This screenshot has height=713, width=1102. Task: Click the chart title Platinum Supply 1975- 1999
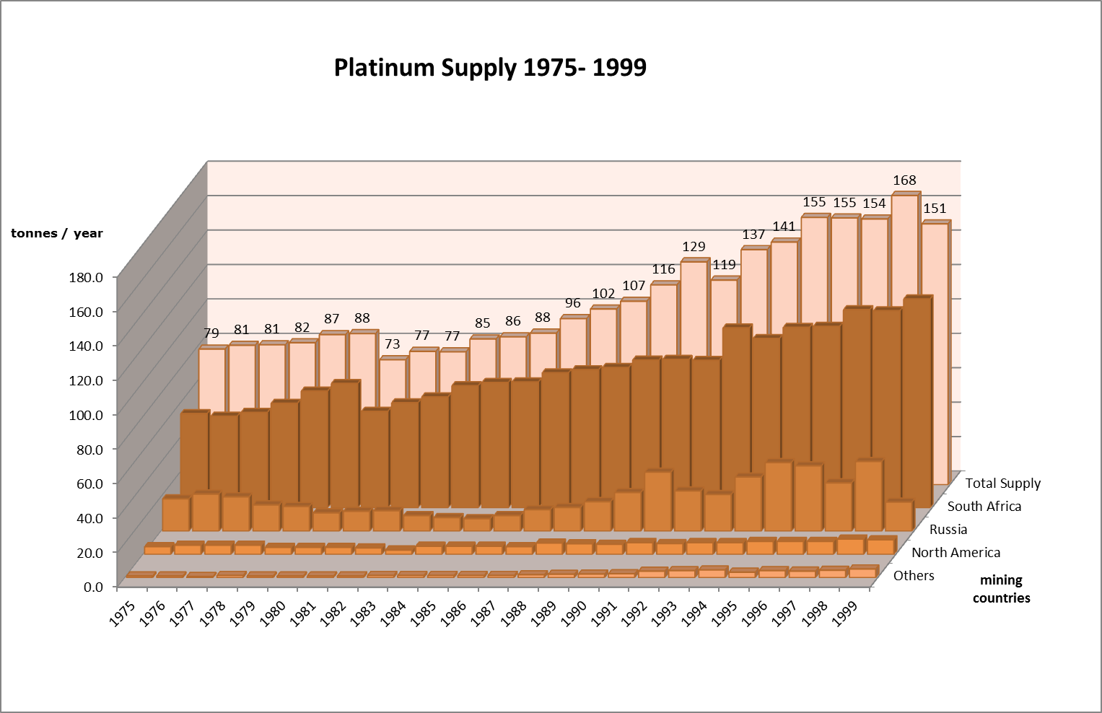(490, 68)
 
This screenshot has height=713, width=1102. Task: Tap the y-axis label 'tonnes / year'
(57, 233)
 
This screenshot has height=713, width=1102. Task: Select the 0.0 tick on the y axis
(94, 586)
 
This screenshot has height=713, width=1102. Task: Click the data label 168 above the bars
(904, 180)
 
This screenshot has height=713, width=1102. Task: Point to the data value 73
(392, 344)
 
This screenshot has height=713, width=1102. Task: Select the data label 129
(694, 247)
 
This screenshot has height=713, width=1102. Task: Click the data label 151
(935, 209)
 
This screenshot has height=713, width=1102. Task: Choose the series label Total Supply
(1003, 484)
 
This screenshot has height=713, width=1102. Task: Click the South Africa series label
(984, 507)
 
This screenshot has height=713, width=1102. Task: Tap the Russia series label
(948, 530)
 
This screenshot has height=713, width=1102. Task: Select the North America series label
(956, 553)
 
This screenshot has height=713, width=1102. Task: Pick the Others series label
(914, 576)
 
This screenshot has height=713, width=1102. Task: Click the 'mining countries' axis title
(1001, 589)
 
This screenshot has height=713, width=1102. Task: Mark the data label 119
(724, 265)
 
